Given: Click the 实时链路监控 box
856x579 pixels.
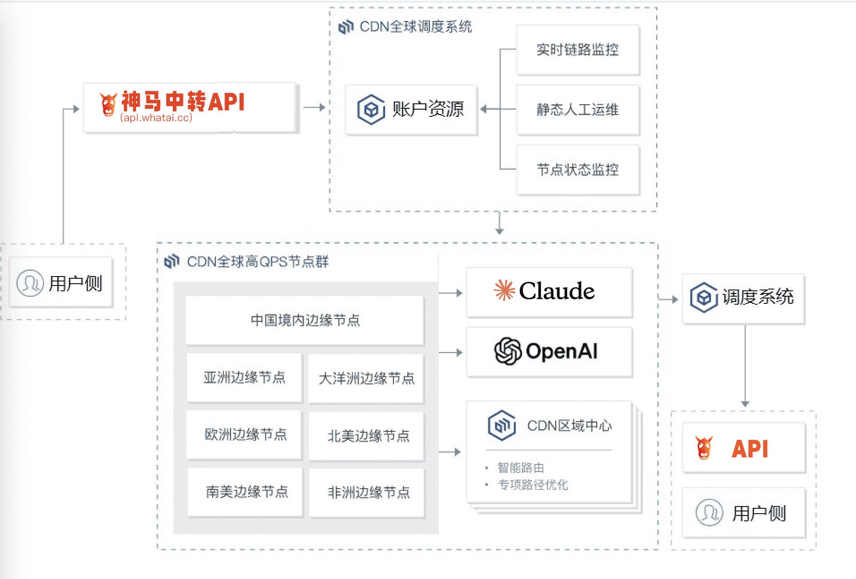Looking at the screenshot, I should (x=578, y=50).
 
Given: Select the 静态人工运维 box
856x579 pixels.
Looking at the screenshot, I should (x=578, y=110).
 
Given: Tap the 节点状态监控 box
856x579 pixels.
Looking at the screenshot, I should (x=578, y=170).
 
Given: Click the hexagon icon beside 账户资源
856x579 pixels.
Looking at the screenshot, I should (x=371, y=109).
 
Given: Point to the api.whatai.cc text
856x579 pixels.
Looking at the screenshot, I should (x=156, y=118).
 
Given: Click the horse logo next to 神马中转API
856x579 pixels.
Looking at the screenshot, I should (x=108, y=104).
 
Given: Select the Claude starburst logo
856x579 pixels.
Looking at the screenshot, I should (x=504, y=290).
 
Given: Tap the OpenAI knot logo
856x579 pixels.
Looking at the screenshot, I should (x=508, y=351).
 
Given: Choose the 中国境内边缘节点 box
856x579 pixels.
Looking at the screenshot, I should (x=305, y=320).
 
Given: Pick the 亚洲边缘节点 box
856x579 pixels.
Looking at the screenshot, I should (x=244, y=378).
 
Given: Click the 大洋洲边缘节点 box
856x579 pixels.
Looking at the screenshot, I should (x=366, y=379).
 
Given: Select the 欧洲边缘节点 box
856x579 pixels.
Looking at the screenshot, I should (x=245, y=434).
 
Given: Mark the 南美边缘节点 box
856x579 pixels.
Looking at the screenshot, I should (x=246, y=492).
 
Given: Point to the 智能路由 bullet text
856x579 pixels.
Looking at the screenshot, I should (x=521, y=468).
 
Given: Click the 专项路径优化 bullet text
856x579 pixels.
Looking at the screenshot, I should (x=533, y=485).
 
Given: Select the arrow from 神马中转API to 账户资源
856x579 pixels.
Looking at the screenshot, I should (x=314, y=107).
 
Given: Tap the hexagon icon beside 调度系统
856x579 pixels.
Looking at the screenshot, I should (x=703, y=298).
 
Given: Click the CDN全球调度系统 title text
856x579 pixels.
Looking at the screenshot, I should (x=415, y=27).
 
